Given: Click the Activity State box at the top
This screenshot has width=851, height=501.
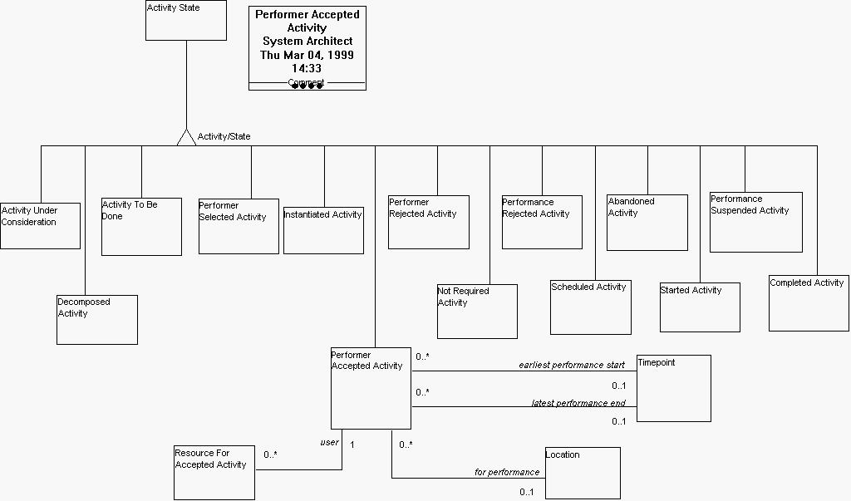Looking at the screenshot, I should tap(185, 21).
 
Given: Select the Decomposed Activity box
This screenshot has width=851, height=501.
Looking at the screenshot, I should tap(96, 320).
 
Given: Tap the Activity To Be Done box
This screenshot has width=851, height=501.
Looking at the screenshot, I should tap(141, 227).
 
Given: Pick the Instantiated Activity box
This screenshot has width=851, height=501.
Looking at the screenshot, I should tap(323, 230).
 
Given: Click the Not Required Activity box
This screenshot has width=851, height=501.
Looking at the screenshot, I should tap(477, 312).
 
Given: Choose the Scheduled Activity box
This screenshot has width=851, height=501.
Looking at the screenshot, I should tap(590, 307).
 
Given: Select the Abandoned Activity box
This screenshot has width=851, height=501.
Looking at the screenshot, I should tap(647, 223).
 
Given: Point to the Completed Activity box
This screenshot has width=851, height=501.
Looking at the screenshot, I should tap(809, 303).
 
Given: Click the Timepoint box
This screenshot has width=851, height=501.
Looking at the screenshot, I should tap(673, 388).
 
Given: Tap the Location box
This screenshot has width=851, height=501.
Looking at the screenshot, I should tap(582, 473).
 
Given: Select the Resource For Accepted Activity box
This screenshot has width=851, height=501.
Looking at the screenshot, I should tap(214, 473).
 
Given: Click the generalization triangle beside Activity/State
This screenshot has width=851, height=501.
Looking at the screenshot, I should tap(186, 138).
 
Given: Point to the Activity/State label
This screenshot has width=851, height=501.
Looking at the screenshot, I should tap(224, 136).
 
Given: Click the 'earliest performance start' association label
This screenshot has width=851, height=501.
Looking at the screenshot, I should tap(572, 365).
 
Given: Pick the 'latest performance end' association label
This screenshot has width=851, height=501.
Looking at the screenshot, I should tap(578, 403).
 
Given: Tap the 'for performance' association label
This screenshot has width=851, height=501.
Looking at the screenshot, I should tap(507, 472).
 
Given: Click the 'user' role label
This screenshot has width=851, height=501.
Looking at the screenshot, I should tap(329, 442).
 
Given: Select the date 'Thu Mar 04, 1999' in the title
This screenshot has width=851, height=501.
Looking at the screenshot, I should tap(307, 55).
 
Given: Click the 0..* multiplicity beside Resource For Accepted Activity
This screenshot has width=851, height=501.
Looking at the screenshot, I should tap(270, 454).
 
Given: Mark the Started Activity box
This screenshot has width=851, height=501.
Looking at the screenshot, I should tap(699, 307).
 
